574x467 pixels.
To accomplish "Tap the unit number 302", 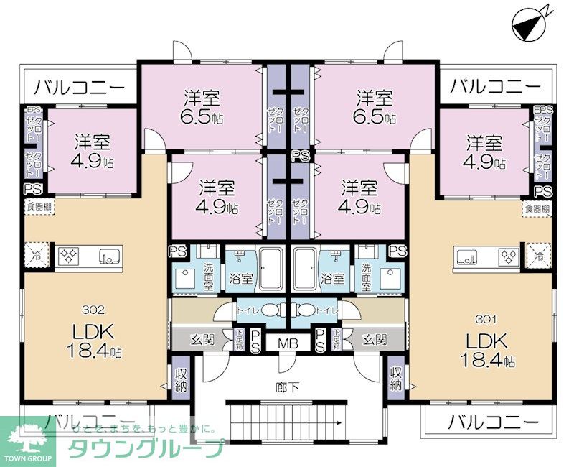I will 93,310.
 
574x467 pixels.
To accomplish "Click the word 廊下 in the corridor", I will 288,387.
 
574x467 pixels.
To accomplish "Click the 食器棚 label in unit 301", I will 537,209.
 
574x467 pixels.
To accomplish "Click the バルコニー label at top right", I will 495,86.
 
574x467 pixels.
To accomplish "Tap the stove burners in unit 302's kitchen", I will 70,255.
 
